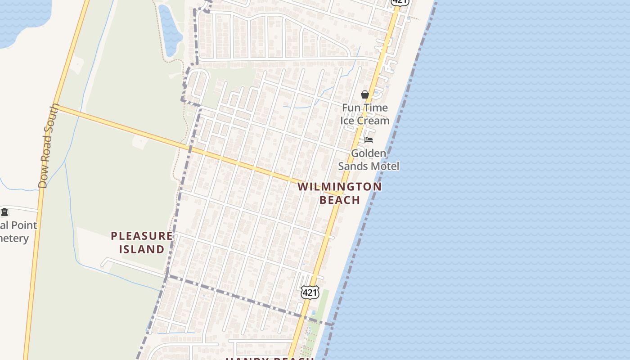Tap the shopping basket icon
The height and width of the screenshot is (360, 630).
(364, 94)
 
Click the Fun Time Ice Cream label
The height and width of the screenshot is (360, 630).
(364, 114)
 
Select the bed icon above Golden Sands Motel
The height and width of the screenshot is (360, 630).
(369, 140)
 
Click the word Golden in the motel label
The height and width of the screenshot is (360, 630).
(369, 153)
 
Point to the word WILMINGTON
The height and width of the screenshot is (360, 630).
(339, 186)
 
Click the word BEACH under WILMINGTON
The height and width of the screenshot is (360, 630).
(340, 200)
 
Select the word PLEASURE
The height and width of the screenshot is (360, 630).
(141, 236)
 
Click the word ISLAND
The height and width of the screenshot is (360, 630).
(141, 249)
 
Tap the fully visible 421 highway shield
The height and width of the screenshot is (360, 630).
(310, 292)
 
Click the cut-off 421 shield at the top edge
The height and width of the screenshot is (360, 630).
(400, 2)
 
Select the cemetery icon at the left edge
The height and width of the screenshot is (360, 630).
(4, 211)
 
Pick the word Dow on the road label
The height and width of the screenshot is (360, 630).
(44, 180)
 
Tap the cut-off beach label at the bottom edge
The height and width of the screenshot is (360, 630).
(269, 358)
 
